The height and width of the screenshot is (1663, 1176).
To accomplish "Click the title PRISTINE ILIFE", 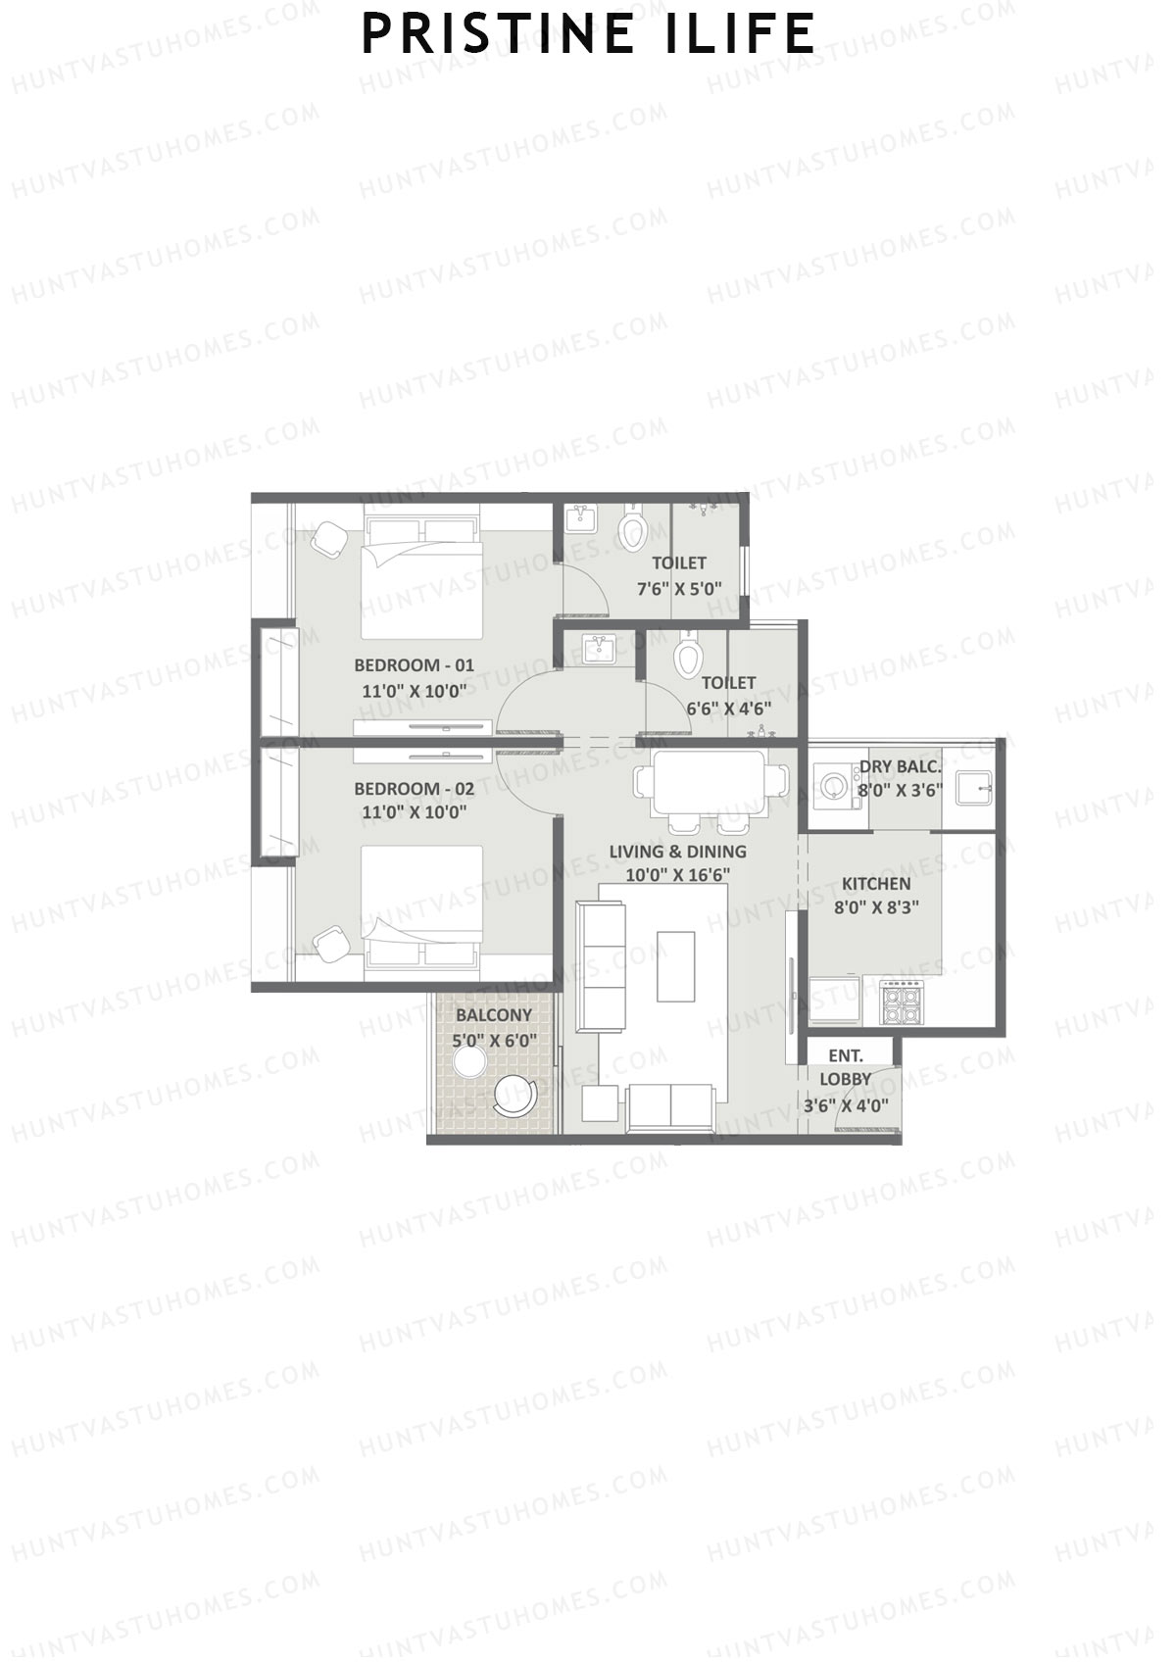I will click(588, 34).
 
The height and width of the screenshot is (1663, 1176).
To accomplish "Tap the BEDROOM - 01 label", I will click(414, 664).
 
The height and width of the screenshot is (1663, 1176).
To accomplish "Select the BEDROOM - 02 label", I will click(414, 788).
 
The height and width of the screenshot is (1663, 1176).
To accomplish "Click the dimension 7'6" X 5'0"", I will click(679, 589).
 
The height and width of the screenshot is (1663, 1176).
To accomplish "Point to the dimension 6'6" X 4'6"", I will click(728, 708).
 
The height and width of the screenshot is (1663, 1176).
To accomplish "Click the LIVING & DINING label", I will click(677, 852).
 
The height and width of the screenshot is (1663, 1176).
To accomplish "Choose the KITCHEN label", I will click(875, 883).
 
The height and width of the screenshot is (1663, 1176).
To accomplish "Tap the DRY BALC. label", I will click(900, 766).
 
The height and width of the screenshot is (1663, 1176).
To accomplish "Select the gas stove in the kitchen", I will click(903, 1003).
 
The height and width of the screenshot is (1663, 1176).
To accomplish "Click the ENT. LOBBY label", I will click(845, 1067).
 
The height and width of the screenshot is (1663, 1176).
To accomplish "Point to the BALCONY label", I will click(494, 1015).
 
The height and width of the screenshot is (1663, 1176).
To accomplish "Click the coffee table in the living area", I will click(676, 966).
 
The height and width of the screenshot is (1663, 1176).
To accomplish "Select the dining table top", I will click(710, 781).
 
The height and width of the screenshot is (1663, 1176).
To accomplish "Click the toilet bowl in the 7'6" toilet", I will click(633, 530).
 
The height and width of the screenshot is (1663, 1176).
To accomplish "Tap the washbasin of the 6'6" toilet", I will click(597, 649).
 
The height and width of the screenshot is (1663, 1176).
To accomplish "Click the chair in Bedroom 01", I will click(328, 538).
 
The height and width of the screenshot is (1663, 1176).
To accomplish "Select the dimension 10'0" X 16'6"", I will click(677, 875).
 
